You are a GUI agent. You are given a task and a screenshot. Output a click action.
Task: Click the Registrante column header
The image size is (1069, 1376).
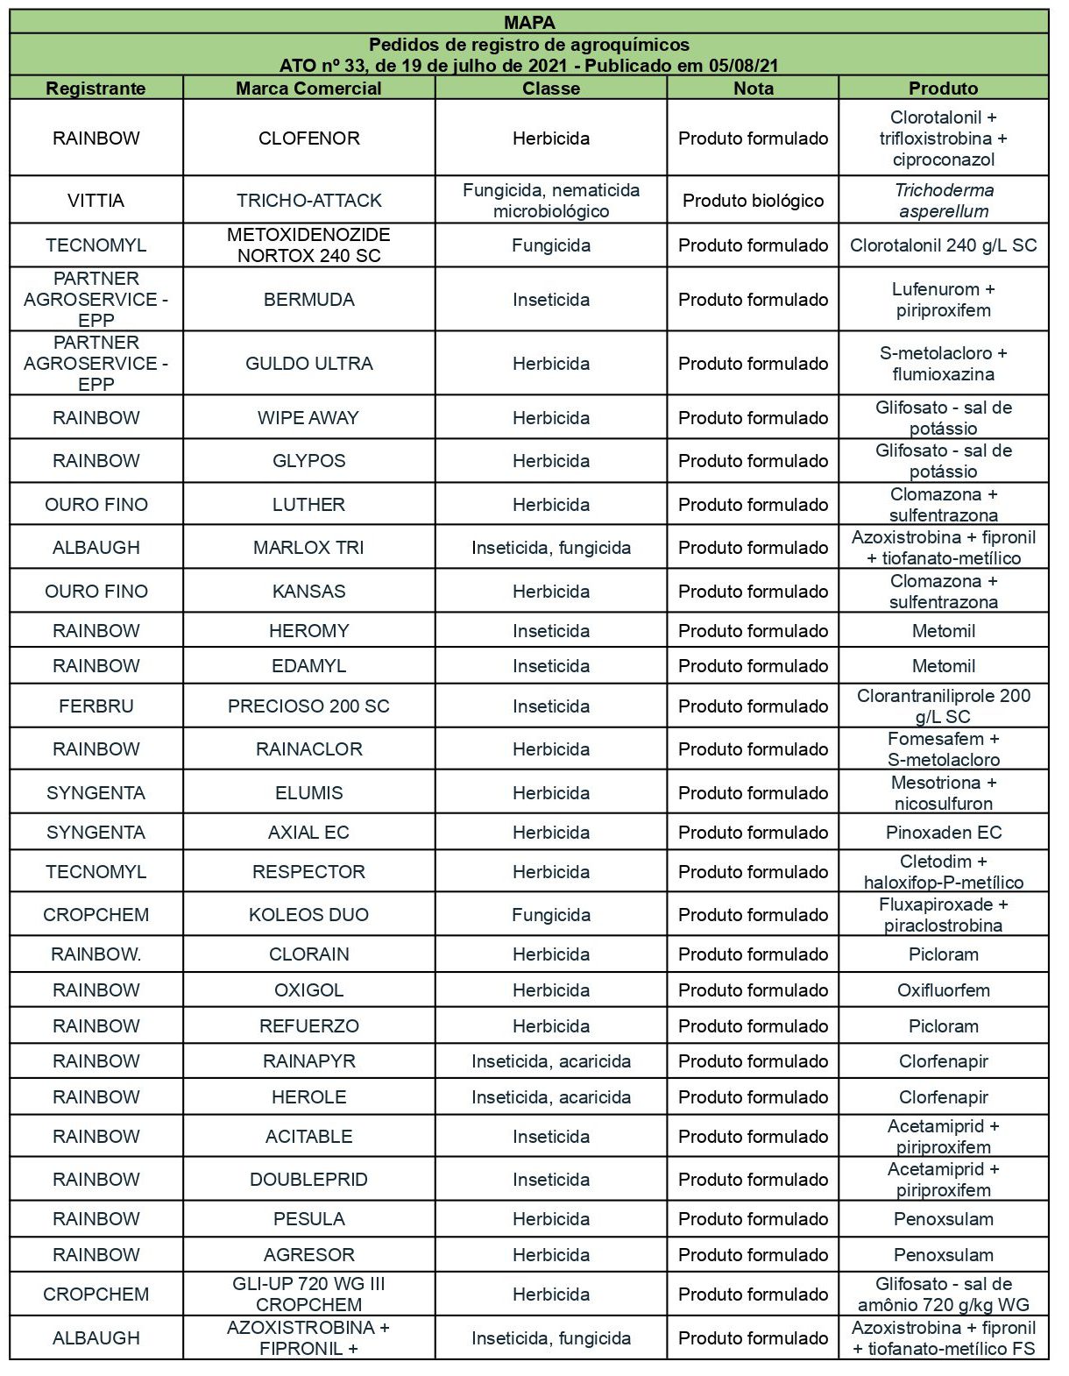click(96, 88)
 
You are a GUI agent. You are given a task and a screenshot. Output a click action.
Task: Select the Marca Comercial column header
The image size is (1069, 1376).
click(308, 88)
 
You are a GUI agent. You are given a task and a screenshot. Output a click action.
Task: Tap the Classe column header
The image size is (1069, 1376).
click(550, 88)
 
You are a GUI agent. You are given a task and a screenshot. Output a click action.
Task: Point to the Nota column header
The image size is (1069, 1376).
click(753, 88)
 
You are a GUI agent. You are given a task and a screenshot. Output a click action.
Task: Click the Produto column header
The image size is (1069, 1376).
click(943, 88)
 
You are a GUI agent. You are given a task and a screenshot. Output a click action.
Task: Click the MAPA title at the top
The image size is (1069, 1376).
click(529, 22)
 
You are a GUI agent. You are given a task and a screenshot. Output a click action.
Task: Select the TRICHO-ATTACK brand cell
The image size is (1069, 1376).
click(308, 200)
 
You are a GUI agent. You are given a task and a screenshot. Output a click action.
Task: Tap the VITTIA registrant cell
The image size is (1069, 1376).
click(96, 200)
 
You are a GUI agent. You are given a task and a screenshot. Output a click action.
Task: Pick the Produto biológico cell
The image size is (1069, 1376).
click(753, 200)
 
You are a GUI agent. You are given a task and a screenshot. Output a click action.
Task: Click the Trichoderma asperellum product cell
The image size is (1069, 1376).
click(943, 200)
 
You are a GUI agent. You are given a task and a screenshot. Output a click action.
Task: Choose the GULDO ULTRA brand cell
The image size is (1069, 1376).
click(308, 363)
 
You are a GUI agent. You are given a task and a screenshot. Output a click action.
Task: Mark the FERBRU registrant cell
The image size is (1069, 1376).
click(96, 706)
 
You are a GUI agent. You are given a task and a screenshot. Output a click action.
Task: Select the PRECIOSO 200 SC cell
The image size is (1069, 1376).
click(308, 706)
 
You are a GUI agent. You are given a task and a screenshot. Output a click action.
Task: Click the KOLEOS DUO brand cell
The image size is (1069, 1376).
click(308, 914)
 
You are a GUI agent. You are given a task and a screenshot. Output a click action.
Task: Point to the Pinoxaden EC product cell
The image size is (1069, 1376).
click(943, 832)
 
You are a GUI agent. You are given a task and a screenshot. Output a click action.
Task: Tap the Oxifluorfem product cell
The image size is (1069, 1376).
click(943, 989)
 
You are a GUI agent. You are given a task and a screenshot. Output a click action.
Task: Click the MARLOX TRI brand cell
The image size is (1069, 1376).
click(308, 547)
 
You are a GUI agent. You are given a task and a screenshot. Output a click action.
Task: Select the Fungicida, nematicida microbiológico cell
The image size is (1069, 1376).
click(550, 200)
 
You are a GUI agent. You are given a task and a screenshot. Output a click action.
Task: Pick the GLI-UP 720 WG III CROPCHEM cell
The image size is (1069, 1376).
click(308, 1294)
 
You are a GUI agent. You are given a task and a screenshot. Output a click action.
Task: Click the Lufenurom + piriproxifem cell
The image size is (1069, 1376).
click(943, 299)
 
